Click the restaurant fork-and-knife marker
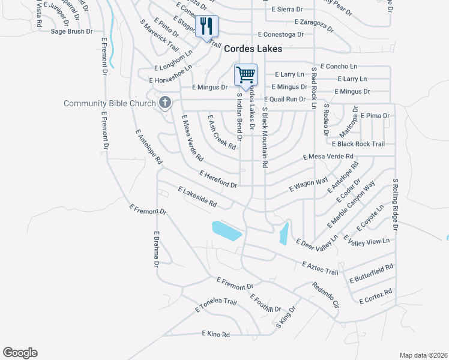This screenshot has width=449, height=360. [206, 26]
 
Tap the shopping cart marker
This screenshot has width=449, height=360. [246, 76]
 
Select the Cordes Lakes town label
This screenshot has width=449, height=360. [254, 52]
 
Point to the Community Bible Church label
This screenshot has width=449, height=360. [110, 104]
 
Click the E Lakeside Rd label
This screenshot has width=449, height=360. [197, 197]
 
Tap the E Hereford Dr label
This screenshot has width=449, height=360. [218, 178]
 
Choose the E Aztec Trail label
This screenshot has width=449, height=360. [321, 268]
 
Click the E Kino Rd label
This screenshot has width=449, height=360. [216, 334]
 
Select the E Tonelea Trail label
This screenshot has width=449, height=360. [212, 305]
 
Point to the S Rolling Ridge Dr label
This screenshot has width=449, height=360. [395, 204]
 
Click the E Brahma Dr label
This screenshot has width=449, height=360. [156, 249]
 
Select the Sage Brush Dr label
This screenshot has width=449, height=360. [71, 31]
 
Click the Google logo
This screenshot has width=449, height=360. [20, 353]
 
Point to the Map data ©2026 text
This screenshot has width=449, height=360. [423, 355]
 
